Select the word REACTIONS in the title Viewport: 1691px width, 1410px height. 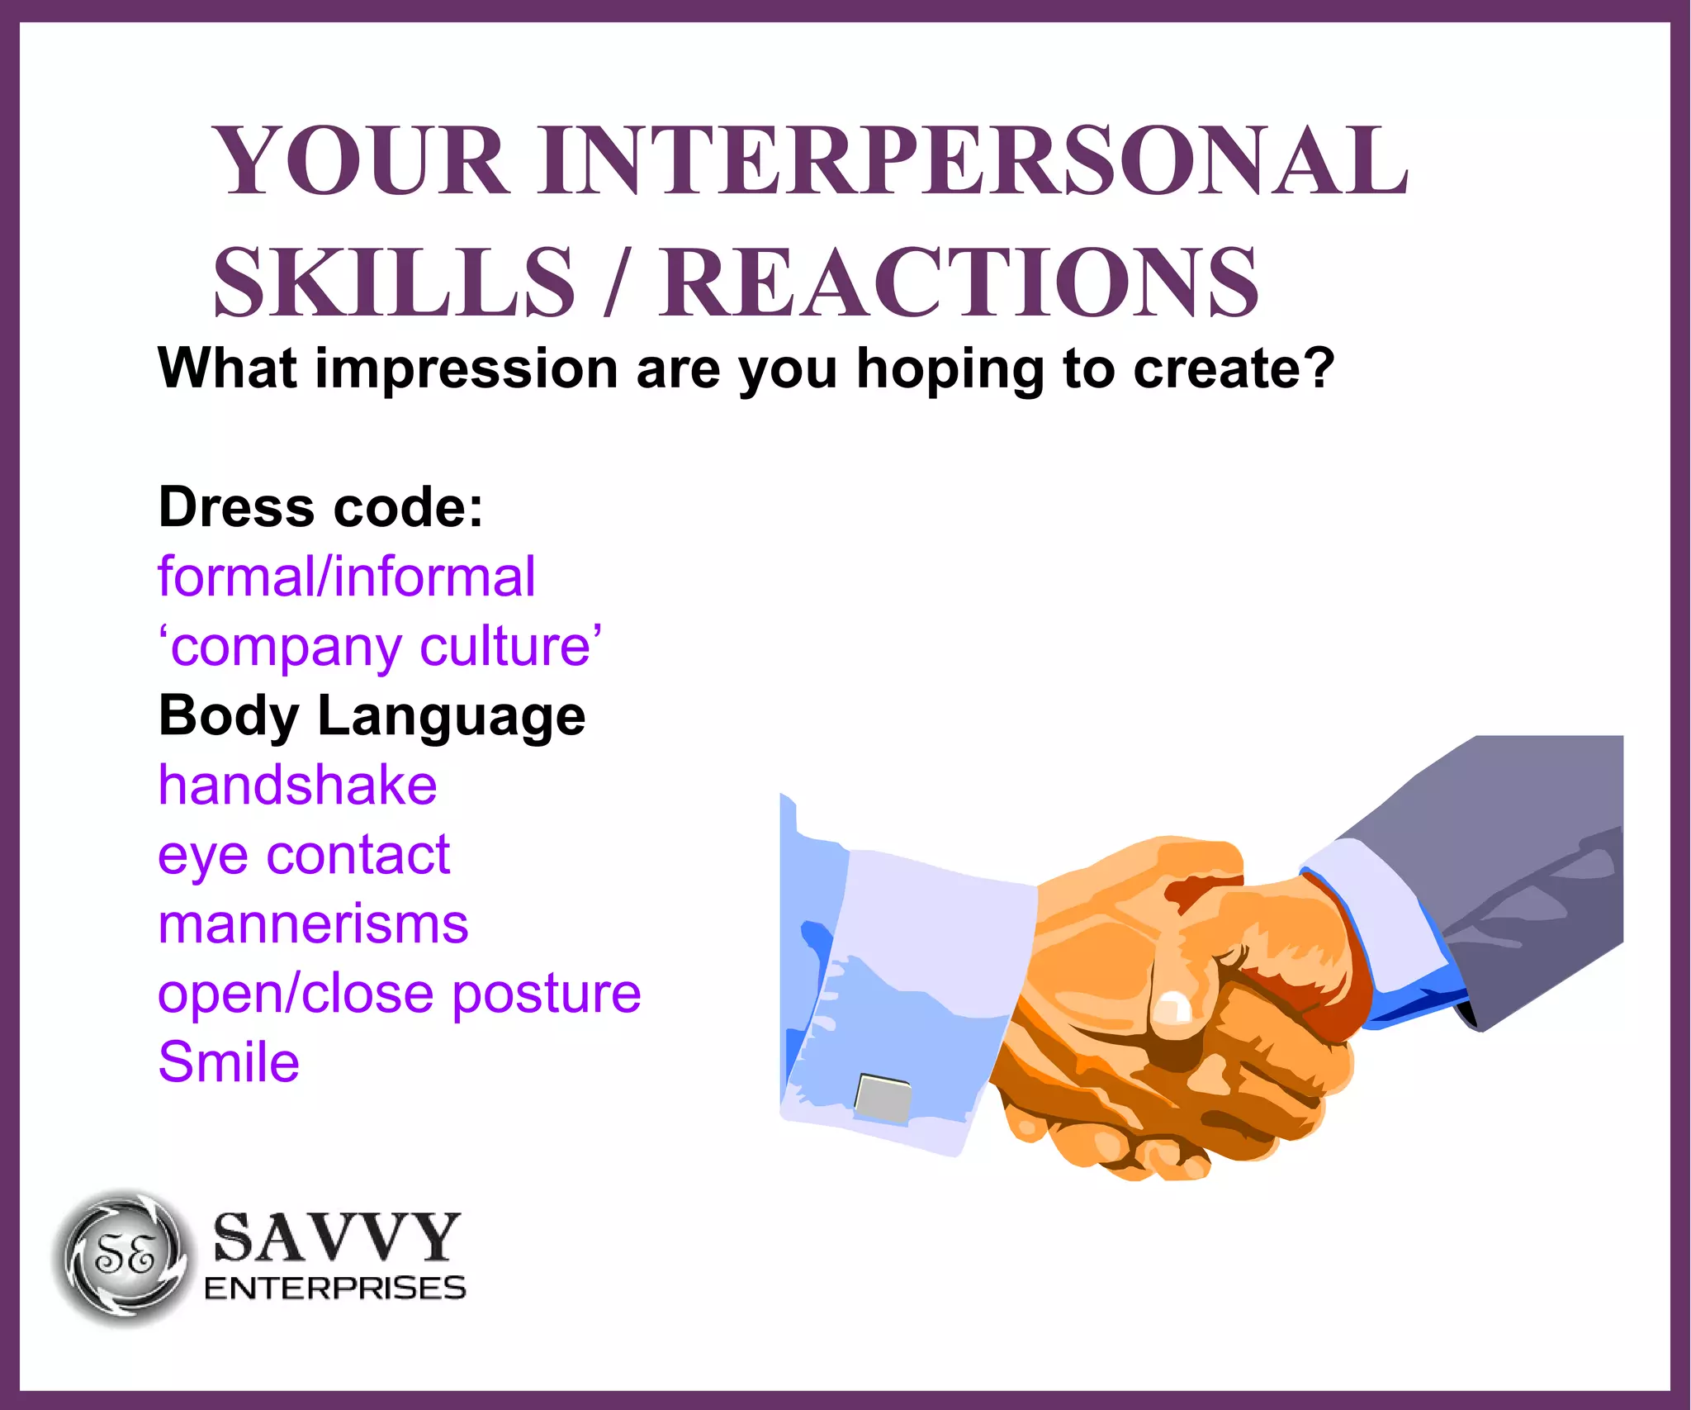click(958, 282)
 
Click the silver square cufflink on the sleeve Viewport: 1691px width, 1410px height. click(883, 1098)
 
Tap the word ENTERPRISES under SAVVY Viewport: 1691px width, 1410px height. click(335, 1289)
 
